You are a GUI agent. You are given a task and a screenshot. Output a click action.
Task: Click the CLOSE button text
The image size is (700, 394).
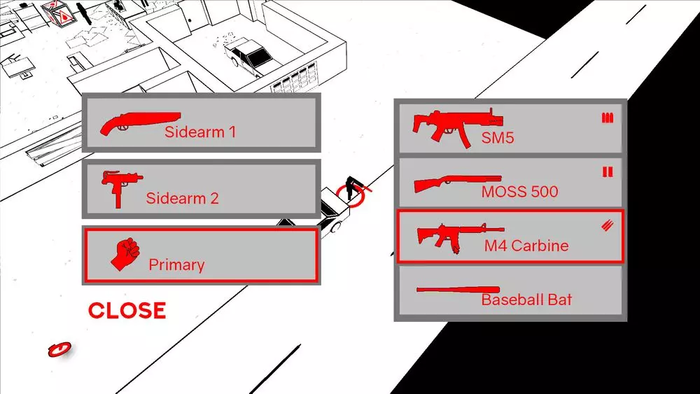[127, 311]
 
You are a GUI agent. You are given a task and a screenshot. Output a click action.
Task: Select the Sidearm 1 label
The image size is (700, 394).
[200, 132]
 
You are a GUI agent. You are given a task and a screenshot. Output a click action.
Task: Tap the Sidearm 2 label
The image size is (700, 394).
[182, 197]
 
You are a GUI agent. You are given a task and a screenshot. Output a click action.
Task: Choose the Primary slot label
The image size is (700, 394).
[176, 264]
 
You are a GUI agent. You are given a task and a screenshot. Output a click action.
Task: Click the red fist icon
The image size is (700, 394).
[125, 253]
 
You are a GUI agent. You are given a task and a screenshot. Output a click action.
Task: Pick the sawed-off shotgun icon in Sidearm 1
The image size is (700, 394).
[140, 123]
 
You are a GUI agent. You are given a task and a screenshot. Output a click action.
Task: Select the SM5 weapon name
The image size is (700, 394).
[497, 137]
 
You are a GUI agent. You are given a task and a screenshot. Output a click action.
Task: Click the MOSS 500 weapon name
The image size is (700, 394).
[519, 192]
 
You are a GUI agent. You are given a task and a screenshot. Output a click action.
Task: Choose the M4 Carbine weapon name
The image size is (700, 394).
[526, 246]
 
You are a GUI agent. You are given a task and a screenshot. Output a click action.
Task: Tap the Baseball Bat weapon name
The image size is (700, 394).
[526, 300]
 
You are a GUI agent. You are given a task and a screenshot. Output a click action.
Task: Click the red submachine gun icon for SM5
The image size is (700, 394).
[458, 127]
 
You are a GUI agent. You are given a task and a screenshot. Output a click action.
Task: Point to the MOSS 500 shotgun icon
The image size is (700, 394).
[458, 183]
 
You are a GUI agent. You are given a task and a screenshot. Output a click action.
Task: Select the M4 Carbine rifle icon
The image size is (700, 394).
[460, 236]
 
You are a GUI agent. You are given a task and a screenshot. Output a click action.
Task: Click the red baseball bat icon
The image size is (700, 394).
[458, 290]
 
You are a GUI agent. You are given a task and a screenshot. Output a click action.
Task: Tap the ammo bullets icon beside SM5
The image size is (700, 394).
[607, 118]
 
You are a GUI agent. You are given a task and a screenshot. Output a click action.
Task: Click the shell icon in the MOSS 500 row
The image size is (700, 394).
[608, 171]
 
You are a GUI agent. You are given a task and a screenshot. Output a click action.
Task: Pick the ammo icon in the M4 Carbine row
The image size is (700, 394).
[607, 226]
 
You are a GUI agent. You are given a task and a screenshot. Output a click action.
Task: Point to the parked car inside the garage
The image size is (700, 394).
[248, 57]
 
